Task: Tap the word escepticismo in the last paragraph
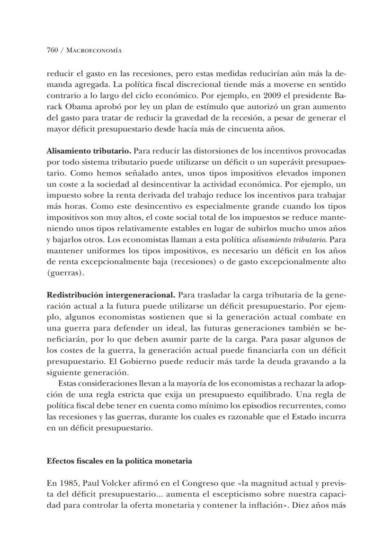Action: pos(235,494)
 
